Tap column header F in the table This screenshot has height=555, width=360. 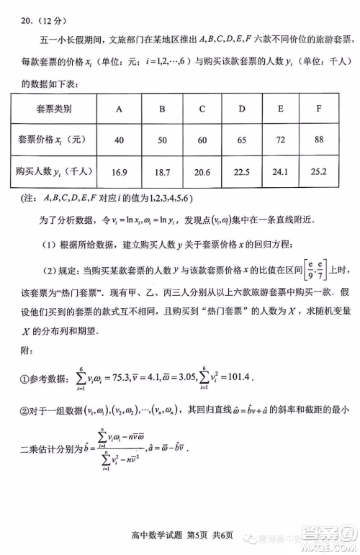[318, 109]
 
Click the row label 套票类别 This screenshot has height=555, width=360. [53, 109]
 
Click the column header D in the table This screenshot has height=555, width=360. [242, 109]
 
